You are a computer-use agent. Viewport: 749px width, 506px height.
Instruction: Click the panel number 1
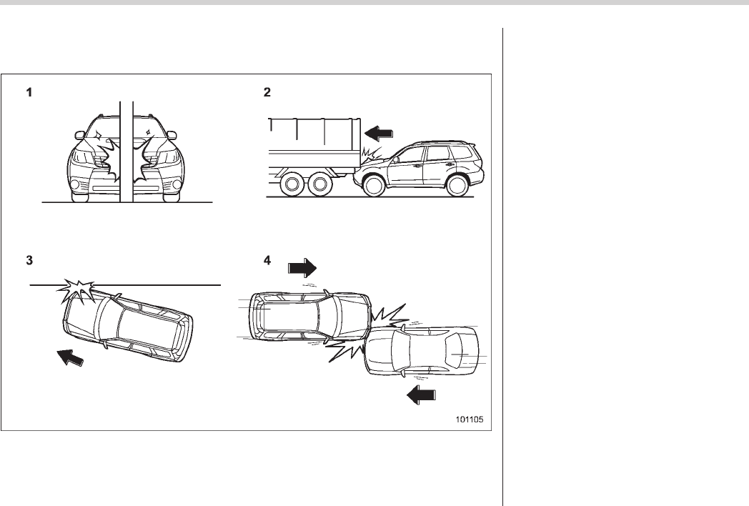29,92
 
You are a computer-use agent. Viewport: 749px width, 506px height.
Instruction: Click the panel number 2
267,92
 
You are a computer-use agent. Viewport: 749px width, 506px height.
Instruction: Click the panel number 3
29,260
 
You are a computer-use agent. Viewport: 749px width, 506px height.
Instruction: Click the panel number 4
267,260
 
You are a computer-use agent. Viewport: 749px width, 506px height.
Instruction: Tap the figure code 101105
469,420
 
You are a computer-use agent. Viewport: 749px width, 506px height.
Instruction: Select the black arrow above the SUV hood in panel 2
379,132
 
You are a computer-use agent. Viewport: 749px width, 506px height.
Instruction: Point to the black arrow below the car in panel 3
70,357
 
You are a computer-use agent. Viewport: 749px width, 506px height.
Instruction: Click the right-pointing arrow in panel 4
302,268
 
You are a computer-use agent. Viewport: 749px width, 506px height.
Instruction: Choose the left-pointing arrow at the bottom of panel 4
422,395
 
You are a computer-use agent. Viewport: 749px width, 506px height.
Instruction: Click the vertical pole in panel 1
127,152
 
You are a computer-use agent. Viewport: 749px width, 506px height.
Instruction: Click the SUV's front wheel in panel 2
374,185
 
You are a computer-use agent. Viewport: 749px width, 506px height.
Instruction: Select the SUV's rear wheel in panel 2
457,185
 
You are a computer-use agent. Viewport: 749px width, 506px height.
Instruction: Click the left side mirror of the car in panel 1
79,135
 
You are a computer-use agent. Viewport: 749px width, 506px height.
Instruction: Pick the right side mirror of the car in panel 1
172,135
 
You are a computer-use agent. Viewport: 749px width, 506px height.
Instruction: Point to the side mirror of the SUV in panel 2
395,159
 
